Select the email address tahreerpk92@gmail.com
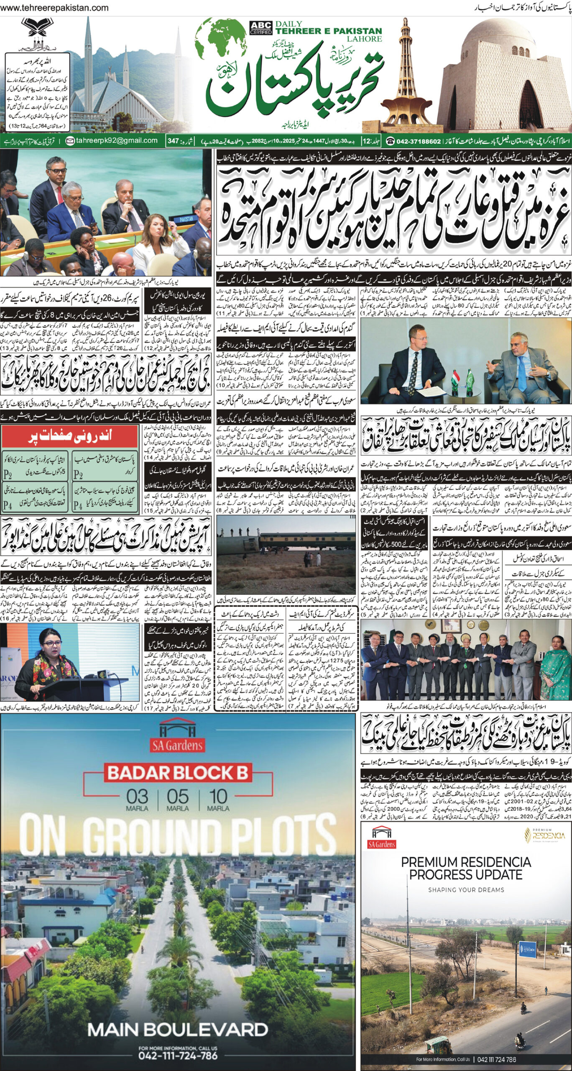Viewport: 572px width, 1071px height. [x=112, y=141]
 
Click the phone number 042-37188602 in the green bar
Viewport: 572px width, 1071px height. [x=414, y=141]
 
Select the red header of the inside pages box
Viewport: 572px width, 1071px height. [x=69, y=436]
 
